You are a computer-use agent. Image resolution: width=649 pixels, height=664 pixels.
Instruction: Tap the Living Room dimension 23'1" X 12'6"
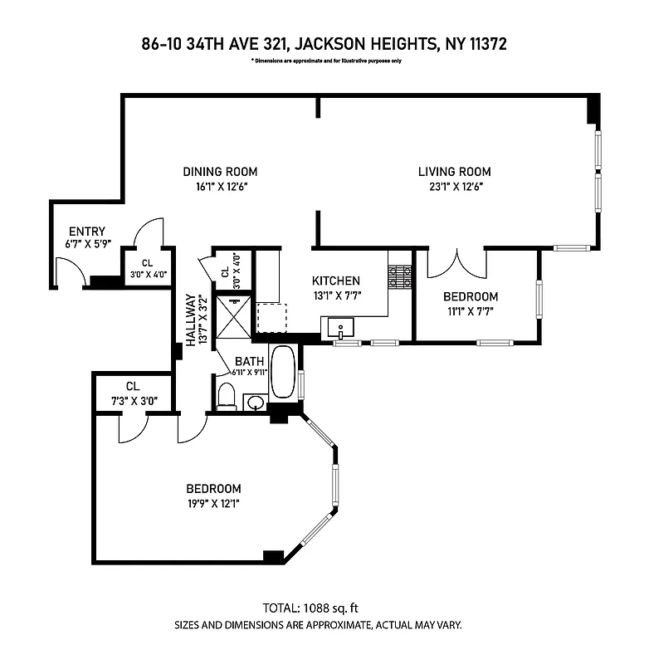tap(449, 187)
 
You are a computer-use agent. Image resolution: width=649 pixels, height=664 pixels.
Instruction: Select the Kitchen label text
tap(335, 281)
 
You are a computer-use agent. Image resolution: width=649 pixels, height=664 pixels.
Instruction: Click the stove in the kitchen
tap(400, 277)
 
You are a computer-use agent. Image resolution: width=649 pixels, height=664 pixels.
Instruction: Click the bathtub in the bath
tap(283, 373)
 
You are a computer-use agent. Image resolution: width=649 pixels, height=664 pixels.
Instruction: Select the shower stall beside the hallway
tap(232, 316)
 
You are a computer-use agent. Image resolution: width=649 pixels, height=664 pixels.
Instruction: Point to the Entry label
tap(86, 232)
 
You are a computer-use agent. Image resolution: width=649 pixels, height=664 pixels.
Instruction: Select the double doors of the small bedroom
tap(456, 263)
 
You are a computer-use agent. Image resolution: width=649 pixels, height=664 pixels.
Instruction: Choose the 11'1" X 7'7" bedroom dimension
tap(470, 311)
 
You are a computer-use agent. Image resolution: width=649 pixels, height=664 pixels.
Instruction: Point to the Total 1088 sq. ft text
tap(324, 608)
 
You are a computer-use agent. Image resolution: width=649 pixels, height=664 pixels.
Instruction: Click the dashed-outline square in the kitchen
tap(271, 317)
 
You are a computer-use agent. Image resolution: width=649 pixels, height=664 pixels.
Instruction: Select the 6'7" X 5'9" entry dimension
tap(86, 245)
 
